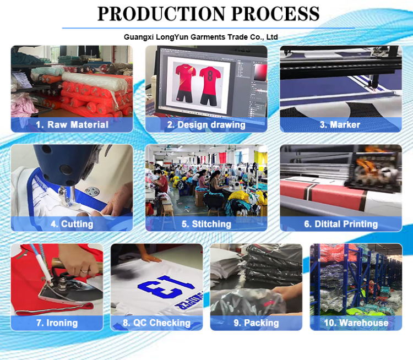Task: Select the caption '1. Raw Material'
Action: tap(72, 124)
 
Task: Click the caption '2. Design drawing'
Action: tap(206, 124)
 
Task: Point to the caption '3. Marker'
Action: tap(340, 124)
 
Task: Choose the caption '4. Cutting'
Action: tap(72, 224)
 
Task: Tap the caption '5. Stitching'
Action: tap(206, 224)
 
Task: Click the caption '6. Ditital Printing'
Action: tap(340, 224)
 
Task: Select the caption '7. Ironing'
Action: tap(57, 323)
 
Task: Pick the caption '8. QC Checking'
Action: tap(156, 323)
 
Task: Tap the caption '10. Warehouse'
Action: tap(356, 323)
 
